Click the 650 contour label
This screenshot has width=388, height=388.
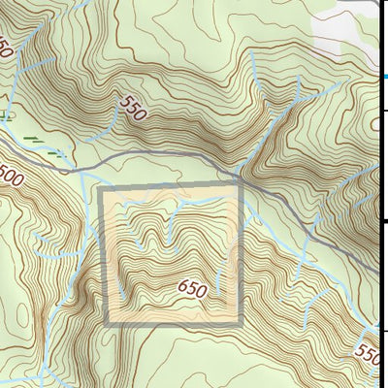coord(192,289)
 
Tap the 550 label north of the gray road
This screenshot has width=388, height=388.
coord(134,108)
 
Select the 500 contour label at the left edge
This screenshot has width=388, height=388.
coord(10,177)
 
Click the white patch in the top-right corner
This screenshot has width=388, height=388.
coord(345,29)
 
